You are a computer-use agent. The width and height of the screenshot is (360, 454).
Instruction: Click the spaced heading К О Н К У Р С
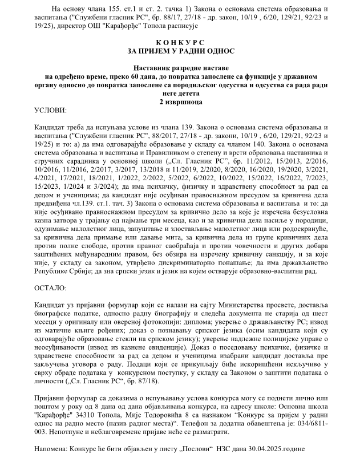[x=180, y=43]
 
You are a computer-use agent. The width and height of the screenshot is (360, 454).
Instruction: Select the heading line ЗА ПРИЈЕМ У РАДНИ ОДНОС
[x=180, y=51]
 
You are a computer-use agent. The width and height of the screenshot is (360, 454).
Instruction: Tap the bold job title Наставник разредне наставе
[x=180, y=67]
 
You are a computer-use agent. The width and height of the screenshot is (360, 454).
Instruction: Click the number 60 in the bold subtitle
[x=134, y=75]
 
